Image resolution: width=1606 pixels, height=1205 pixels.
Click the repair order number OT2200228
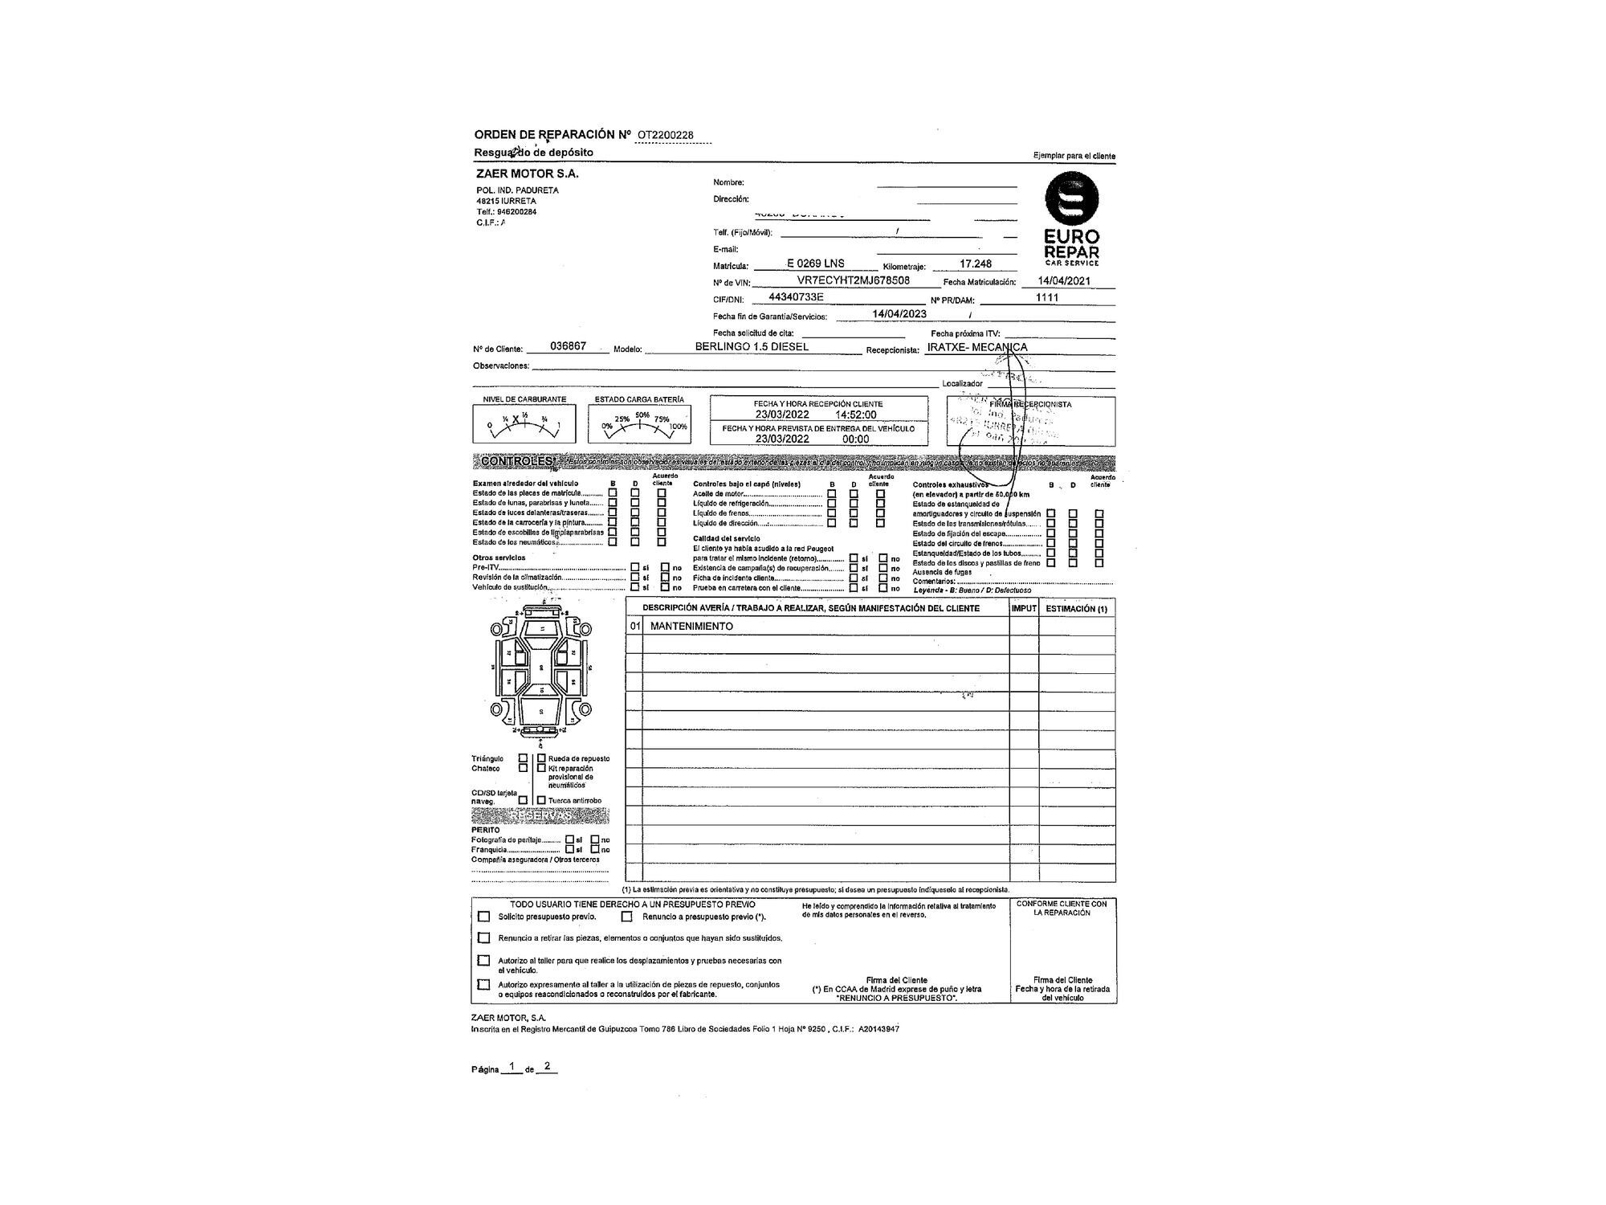click(666, 135)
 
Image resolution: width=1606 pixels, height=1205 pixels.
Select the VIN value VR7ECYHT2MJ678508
click(853, 280)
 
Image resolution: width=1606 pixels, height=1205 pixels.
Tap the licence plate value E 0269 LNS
click(815, 263)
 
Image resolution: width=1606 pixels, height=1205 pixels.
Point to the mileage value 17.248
click(976, 263)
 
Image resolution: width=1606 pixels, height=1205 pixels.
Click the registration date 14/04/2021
click(1064, 281)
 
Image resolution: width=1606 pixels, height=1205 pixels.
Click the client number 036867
click(568, 346)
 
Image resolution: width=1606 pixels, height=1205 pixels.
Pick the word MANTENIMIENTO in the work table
click(691, 626)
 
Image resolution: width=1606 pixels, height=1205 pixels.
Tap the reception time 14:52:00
click(856, 415)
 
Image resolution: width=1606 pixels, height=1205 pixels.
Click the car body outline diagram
click(541, 675)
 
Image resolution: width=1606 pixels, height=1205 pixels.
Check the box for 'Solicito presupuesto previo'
click(483, 917)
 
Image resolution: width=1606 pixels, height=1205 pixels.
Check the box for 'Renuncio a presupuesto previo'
click(626, 917)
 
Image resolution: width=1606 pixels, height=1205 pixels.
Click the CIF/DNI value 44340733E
click(796, 297)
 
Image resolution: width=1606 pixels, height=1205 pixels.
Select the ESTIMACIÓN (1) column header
click(1076, 609)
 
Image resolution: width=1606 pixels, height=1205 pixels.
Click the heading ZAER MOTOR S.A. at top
click(527, 174)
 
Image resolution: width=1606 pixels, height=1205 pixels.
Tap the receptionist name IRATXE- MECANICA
click(976, 348)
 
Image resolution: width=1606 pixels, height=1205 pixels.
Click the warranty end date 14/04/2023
click(899, 314)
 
